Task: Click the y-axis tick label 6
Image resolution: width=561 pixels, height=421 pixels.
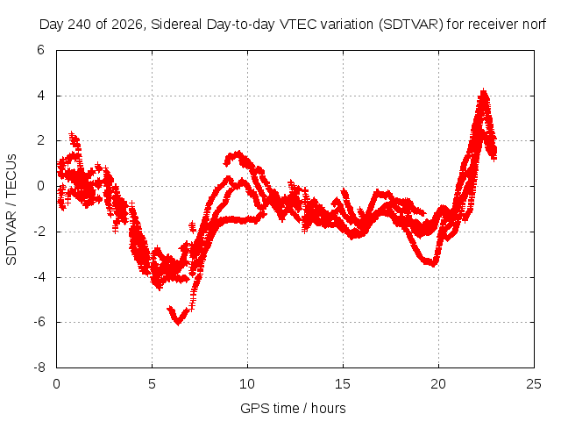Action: coord(41,50)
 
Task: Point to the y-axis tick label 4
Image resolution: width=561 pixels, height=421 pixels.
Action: coord(41,96)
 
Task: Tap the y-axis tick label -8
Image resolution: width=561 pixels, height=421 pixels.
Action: coord(39,367)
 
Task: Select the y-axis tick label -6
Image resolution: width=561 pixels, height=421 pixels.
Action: coord(39,322)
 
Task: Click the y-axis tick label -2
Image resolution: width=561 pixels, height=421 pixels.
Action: coord(39,232)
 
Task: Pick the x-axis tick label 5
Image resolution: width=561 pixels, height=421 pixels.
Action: coord(152,384)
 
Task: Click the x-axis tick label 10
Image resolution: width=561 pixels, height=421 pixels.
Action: coord(247,384)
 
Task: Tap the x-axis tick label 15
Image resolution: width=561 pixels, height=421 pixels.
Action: coord(343,384)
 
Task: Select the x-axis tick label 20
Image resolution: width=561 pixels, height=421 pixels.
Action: coord(438,384)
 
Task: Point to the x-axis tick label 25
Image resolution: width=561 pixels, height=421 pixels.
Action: coord(534,384)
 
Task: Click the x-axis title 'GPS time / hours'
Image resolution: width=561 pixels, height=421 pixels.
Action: coord(293,408)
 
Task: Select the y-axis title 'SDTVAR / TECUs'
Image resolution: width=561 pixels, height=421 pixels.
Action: coord(11,210)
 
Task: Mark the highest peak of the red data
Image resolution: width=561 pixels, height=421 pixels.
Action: coord(484,90)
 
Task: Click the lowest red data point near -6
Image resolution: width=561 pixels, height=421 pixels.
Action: coord(178,322)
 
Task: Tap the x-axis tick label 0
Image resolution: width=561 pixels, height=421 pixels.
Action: coord(56,384)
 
